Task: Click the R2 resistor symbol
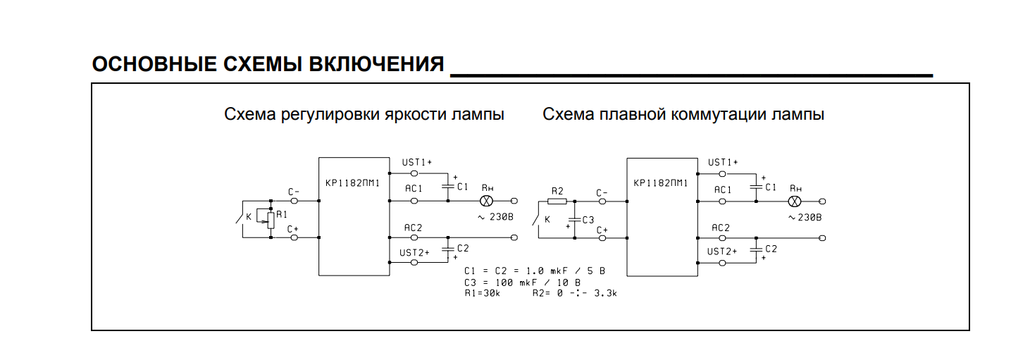[x=557, y=201]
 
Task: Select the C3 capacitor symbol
[x=576, y=219]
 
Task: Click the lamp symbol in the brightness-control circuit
[x=485, y=201]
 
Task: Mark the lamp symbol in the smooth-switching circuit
[x=793, y=201]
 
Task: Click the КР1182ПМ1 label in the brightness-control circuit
[x=353, y=184]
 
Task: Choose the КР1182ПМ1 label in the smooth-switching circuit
[x=661, y=184]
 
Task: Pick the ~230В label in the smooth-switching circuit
[x=805, y=217]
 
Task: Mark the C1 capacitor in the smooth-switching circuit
[x=755, y=187]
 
